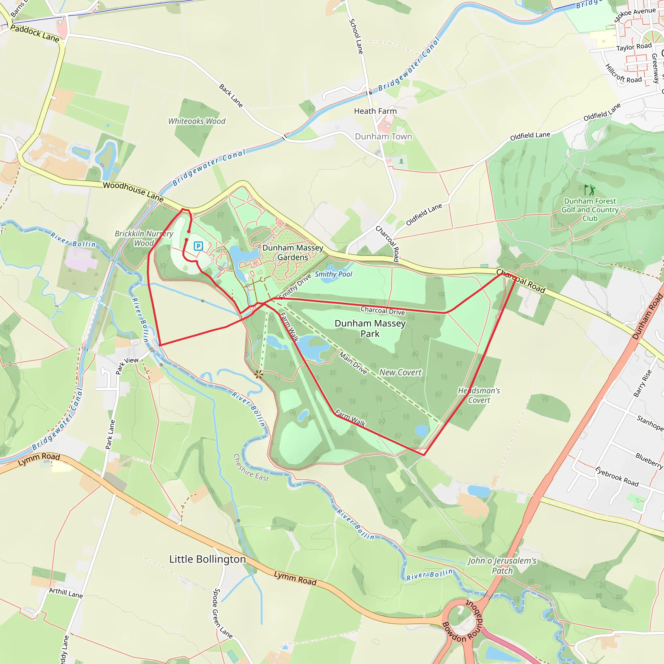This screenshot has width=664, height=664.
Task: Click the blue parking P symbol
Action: tap(198, 246)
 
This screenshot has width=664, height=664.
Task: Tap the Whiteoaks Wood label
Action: tap(196, 121)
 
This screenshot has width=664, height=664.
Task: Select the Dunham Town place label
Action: tap(383, 137)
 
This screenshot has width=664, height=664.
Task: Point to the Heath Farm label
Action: tap(375, 111)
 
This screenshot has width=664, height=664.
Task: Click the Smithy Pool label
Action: tap(333, 274)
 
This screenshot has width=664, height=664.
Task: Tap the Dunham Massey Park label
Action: tap(370, 328)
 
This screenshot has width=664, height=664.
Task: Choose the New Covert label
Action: tap(400, 373)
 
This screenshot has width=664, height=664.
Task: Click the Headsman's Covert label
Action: tap(479, 396)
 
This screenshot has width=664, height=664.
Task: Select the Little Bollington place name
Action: tap(207, 559)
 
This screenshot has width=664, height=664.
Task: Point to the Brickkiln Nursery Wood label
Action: tap(144, 239)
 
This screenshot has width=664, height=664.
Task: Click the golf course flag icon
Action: tap(590, 190)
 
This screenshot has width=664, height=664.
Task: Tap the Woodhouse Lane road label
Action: tap(133, 191)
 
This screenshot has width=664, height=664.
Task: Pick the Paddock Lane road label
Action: tap(35, 33)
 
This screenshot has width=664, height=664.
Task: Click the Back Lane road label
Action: tap(231, 96)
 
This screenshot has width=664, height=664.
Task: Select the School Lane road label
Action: tap(356, 36)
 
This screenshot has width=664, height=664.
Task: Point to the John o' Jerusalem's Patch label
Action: tap(502, 566)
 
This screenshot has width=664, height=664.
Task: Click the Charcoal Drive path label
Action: tap(383, 311)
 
